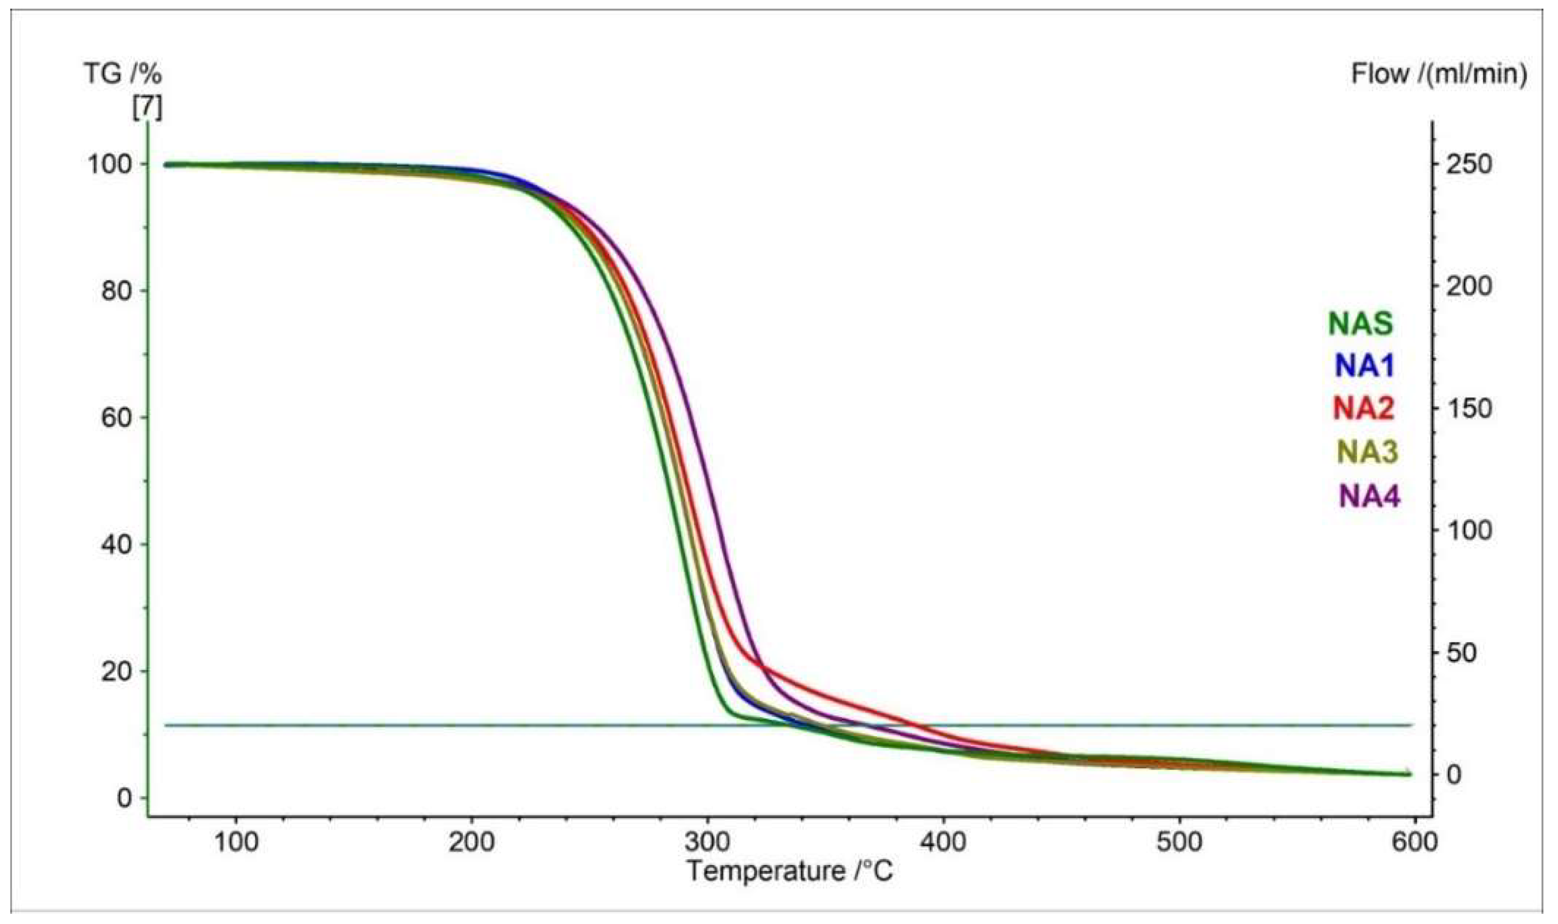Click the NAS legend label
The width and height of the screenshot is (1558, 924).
(1361, 324)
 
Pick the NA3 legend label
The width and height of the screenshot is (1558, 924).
(1366, 452)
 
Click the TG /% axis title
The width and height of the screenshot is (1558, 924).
(123, 75)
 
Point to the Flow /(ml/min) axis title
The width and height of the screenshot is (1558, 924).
(1439, 75)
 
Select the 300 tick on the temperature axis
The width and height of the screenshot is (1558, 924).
(707, 842)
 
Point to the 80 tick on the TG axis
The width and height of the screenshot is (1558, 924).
(117, 291)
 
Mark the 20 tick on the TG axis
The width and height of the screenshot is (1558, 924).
(117, 671)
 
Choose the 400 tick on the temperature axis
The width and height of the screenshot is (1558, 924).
(943, 842)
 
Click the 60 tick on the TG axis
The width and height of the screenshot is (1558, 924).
(117, 418)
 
